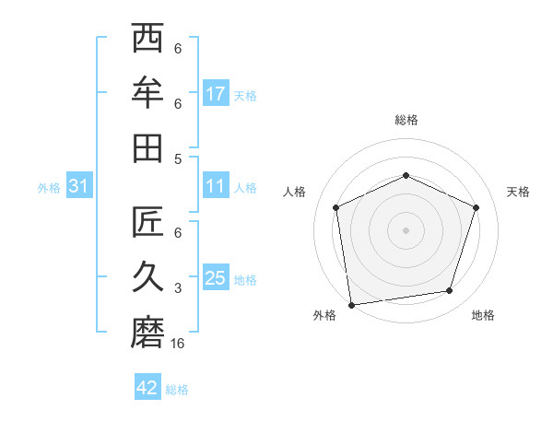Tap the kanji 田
pyautogui.click(x=147, y=147)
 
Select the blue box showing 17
pyautogui.click(x=216, y=94)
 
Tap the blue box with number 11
pyautogui.click(x=216, y=186)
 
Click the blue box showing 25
pyautogui.click(x=216, y=278)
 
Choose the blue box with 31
pyautogui.click(x=79, y=187)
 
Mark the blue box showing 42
pyautogui.click(x=147, y=388)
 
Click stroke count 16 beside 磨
pyautogui.click(x=179, y=344)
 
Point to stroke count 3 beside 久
pyautogui.click(x=178, y=288)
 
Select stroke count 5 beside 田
pyautogui.click(x=178, y=158)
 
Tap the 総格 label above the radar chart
pyautogui.click(x=406, y=120)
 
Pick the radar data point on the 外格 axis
pyautogui.click(x=351, y=304)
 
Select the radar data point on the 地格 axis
pyautogui.click(x=450, y=291)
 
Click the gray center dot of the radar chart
pyautogui.click(x=406, y=229)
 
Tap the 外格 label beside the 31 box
pyautogui.click(x=49, y=188)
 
